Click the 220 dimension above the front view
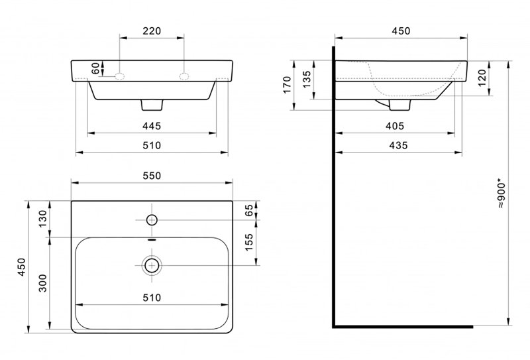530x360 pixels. [x=152, y=31]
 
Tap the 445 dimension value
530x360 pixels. [x=152, y=125]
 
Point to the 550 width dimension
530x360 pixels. [x=152, y=176]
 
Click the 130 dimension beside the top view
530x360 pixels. [x=43, y=218]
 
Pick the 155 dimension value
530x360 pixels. [x=250, y=243]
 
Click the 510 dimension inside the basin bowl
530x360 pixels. [x=152, y=298]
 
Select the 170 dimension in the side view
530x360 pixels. [x=288, y=86]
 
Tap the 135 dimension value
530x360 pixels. [x=306, y=80]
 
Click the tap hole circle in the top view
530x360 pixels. [x=152, y=219]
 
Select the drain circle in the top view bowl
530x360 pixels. [x=152, y=265]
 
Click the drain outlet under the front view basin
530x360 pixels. [x=152, y=105]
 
